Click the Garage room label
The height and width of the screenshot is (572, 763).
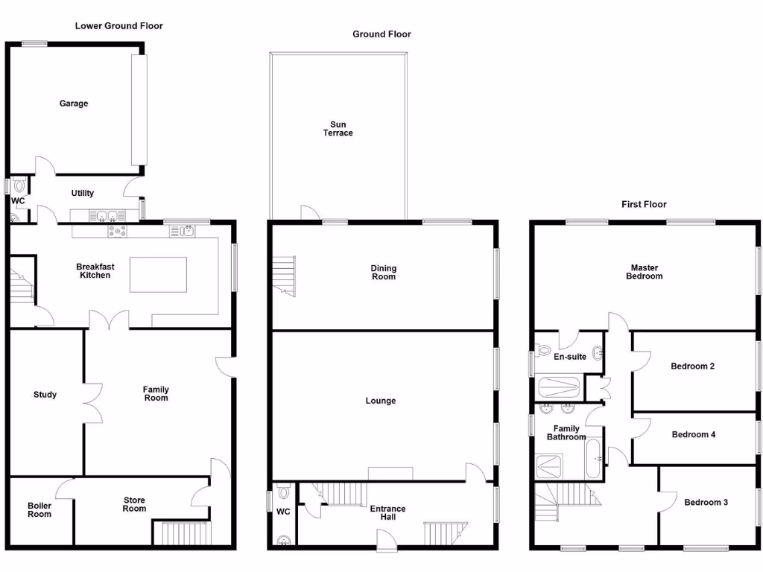pyautogui.click(x=74, y=104)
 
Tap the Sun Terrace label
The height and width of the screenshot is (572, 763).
pyautogui.click(x=338, y=129)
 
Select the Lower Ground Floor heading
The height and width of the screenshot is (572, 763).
pyautogui.click(x=118, y=25)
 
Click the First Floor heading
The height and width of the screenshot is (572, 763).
pyautogui.click(x=644, y=204)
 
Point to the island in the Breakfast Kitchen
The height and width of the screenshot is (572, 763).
pyautogui.click(x=158, y=275)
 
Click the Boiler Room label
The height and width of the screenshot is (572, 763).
pyautogui.click(x=39, y=509)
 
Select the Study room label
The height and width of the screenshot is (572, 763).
pyautogui.click(x=45, y=395)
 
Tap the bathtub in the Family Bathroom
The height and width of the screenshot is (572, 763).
pyautogui.click(x=594, y=458)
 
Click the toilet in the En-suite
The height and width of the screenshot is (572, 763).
pyautogui.click(x=543, y=349)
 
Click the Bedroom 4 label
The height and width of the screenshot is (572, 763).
pyautogui.click(x=693, y=434)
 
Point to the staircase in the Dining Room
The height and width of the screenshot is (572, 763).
pyautogui.click(x=284, y=273)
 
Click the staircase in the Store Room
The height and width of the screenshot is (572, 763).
pyautogui.click(x=183, y=534)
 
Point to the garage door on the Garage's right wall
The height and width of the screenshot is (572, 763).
pyautogui.click(x=139, y=109)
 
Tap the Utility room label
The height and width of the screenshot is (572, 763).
pyautogui.click(x=83, y=193)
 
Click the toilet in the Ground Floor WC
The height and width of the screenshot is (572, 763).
pyautogui.click(x=283, y=493)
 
